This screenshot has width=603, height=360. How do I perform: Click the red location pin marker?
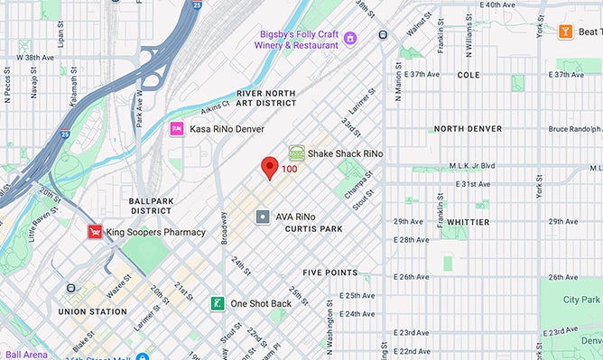(x=269, y=167)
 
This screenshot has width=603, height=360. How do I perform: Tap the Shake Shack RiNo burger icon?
(x=296, y=153)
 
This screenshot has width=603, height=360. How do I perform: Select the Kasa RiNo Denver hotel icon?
(x=177, y=129)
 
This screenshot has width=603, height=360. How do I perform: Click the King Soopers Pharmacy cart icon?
(x=94, y=232)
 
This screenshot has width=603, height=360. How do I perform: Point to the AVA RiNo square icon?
(x=262, y=217)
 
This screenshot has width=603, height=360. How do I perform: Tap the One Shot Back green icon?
(x=218, y=303)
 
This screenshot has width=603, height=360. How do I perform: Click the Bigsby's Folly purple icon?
(x=350, y=37)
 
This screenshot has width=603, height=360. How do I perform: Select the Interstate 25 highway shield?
(x=196, y=6)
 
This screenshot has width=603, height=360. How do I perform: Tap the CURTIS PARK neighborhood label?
(x=313, y=229)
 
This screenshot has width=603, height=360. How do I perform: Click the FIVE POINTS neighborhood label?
(x=329, y=272)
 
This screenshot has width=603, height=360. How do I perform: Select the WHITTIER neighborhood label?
(x=468, y=222)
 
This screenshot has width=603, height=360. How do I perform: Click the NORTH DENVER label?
(x=468, y=129)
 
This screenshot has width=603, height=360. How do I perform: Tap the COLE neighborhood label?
(x=468, y=75)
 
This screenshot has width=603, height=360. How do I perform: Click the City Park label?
(x=580, y=299)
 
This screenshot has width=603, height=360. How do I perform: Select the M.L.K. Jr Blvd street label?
(x=474, y=166)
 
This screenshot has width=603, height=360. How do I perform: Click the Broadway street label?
(x=223, y=229)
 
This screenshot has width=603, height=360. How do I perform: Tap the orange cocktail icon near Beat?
(x=565, y=32)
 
